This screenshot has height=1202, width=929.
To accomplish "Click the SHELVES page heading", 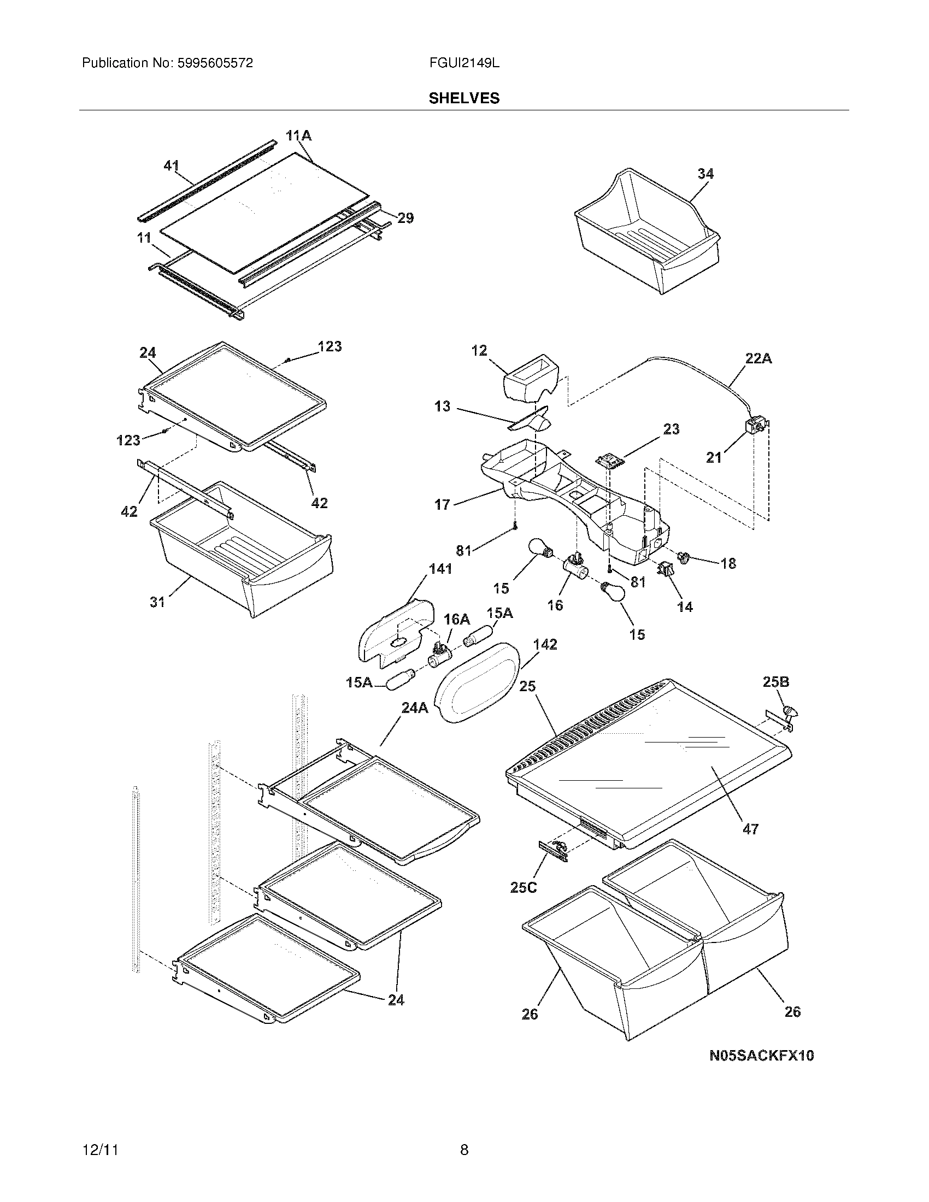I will coord(464,98).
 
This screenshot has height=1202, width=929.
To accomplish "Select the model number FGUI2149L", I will coord(464,63).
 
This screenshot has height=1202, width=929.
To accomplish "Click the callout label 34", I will coord(705,174).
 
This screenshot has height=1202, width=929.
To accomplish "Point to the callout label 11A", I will coord(298,135).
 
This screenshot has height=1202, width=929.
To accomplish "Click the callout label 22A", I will coord(759,358).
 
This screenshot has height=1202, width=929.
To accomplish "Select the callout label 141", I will coord(440,569).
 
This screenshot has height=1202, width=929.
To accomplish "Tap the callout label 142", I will coord(545,644).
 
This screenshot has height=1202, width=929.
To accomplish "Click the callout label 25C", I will coord(524,887).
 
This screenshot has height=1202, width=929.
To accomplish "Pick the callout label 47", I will coord(751,829).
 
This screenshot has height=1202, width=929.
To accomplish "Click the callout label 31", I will coord(157,602).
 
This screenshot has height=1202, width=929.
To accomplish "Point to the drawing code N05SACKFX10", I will coord(761,1056).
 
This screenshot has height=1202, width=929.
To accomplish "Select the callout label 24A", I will coord(414,708).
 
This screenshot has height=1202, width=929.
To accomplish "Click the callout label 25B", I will coord(776,682).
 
